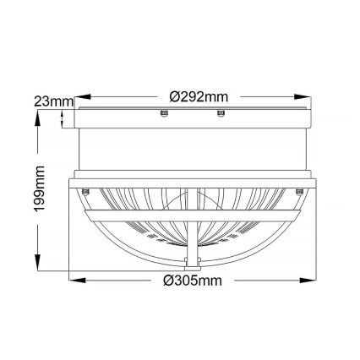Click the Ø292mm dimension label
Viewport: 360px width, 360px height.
pos(199,97)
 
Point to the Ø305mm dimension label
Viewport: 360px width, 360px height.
pos(192,279)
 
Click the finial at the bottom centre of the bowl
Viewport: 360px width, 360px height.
pos(191,260)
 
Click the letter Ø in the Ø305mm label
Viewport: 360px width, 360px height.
pos(169,279)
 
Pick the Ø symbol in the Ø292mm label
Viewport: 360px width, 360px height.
pos(174,97)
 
